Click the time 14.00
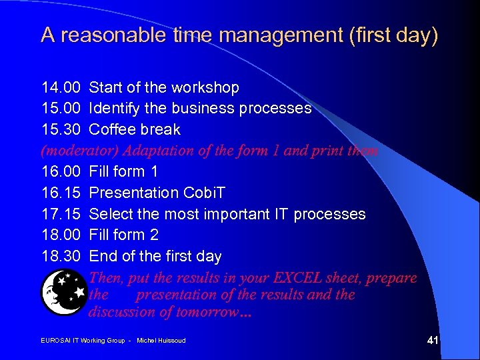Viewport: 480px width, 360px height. point(61,87)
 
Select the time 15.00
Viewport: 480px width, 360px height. point(61,108)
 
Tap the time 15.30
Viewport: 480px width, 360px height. point(61,129)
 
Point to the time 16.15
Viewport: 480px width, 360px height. point(61,193)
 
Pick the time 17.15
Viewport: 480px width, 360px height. point(61,214)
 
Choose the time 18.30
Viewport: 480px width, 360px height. point(61,256)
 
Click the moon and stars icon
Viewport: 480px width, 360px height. point(63,291)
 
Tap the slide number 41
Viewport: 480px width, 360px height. point(432,341)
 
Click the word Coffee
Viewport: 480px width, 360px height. point(111,129)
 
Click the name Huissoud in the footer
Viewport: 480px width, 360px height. point(171,341)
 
